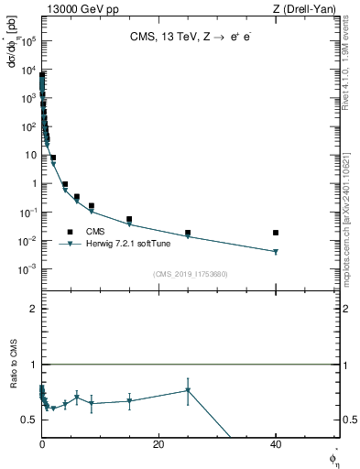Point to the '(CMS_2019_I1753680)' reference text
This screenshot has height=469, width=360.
[x=190, y=273]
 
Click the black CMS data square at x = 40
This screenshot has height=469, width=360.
[x=276, y=233]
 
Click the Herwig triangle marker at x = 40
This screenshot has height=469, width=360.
[x=276, y=252]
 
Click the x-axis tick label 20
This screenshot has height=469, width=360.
[x=158, y=443]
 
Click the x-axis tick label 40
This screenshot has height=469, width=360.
[x=276, y=443]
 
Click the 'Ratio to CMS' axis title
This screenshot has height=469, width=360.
[x=14, y=387]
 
